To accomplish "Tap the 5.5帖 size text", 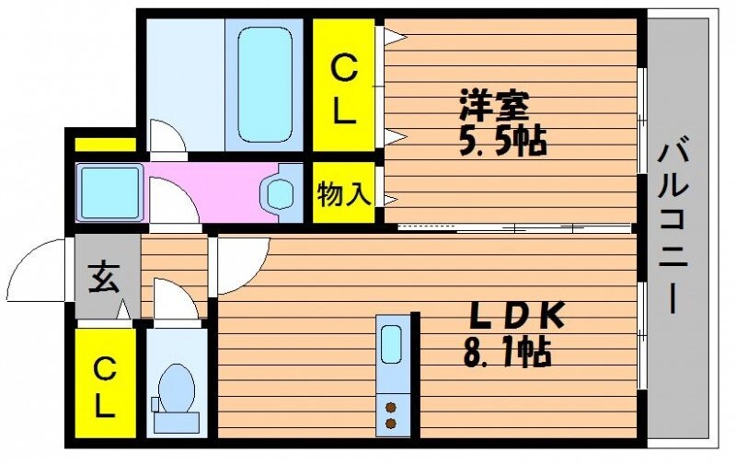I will tap(502, 141).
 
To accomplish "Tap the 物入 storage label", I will tap(344, 193).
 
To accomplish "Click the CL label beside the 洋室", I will tap(344, 89).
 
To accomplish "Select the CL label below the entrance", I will tap(105, 387).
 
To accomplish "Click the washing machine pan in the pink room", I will tap(109, 191).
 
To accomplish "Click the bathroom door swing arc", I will tap(168, 138).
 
